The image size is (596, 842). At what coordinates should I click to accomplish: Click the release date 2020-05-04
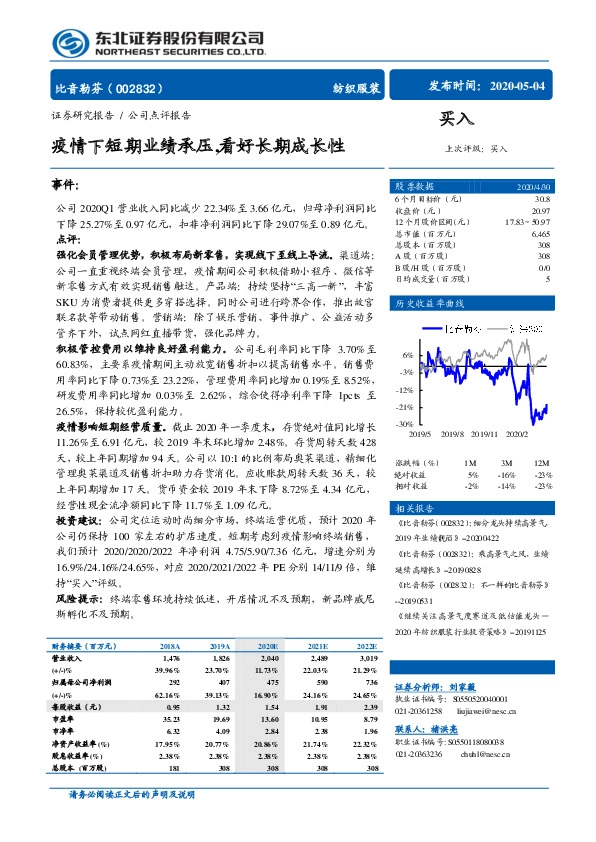pos(516,86)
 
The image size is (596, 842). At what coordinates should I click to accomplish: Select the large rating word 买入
pos(455,121)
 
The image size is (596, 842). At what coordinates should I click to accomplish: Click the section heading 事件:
pos(66,186)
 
